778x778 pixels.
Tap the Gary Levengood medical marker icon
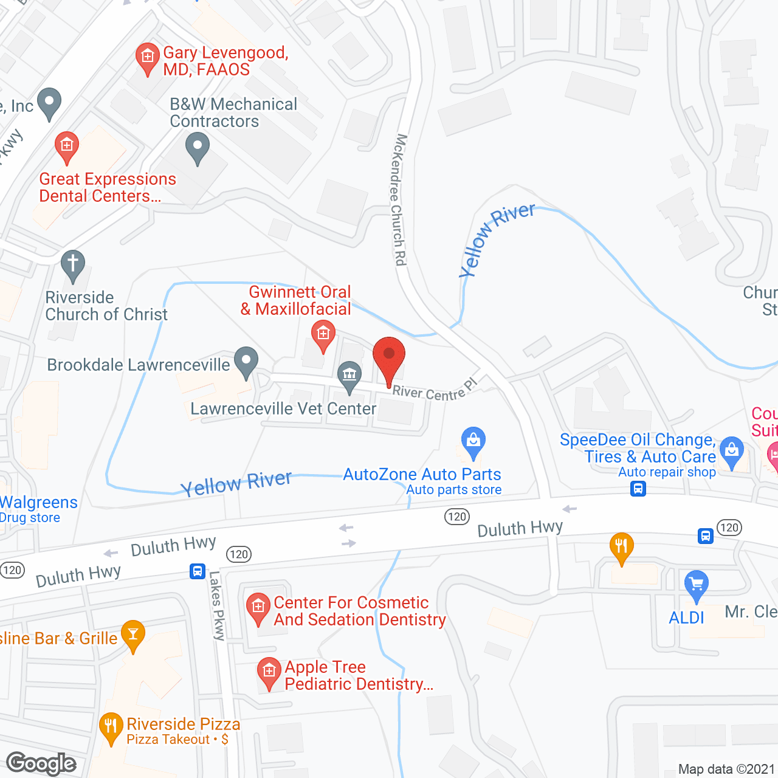(x=147, y=58)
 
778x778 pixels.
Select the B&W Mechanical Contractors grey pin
(x=197, y=148)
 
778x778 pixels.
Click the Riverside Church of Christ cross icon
(x=73, y=265)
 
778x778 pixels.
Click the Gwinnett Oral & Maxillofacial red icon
(x=323, y=334)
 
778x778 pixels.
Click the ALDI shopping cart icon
(x=697, y=585)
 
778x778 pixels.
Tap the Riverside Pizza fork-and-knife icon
(x=111, y=727)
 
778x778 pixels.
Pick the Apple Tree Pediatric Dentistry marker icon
(x=269, y=673)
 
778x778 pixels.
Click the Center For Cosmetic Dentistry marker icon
(x=258, y=607)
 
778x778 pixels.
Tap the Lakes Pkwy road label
(x=216, y=605)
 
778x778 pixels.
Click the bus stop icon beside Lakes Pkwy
(x=198, y=571)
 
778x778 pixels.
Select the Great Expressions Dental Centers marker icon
(x=67, y=146)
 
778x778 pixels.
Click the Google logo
(x=41, y=763)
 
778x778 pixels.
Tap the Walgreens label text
(x=39, y=503)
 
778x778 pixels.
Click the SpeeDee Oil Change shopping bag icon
(x=731, y=452)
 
